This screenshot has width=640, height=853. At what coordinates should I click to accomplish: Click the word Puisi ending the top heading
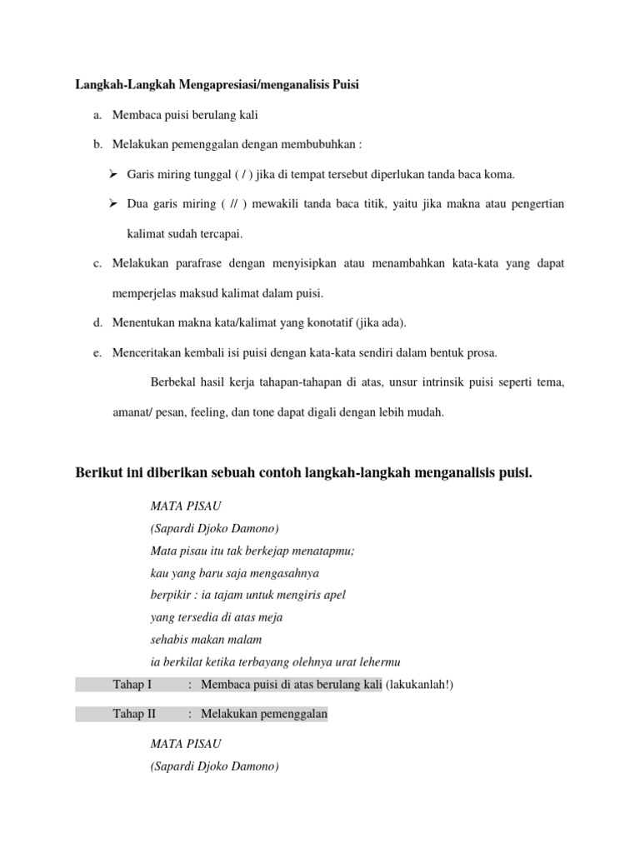click(x=346, y=84)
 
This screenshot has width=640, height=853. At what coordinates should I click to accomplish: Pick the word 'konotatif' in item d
click(x=311, y=322)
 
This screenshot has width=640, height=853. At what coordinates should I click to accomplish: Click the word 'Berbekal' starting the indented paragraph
click(x=172, y=382)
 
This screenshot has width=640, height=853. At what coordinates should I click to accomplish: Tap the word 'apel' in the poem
click(x=332, y=595)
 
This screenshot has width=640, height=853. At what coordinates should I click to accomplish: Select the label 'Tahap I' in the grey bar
click(x=132, y=685)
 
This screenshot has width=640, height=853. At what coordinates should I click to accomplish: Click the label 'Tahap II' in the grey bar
click(x=134, y=714)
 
